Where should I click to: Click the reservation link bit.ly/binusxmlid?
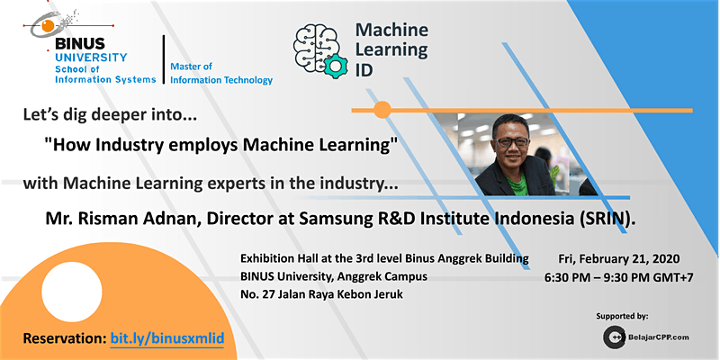click(167, 339)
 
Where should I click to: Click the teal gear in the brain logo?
click(336, 66)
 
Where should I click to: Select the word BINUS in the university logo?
click(80, 44)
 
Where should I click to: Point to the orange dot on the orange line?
click(382, 110)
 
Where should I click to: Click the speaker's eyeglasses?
click(510, 142)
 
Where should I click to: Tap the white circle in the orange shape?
click(72, 292)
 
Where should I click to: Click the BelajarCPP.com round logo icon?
click(614, 337)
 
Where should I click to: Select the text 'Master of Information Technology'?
click(221, 74)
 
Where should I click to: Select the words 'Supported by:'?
click(622, 316)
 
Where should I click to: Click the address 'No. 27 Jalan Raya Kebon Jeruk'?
click(321, 295)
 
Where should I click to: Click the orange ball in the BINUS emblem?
click(48, 26)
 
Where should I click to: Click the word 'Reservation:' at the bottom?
click(65, 339)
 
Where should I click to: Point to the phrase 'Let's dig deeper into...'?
click(110, 115)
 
